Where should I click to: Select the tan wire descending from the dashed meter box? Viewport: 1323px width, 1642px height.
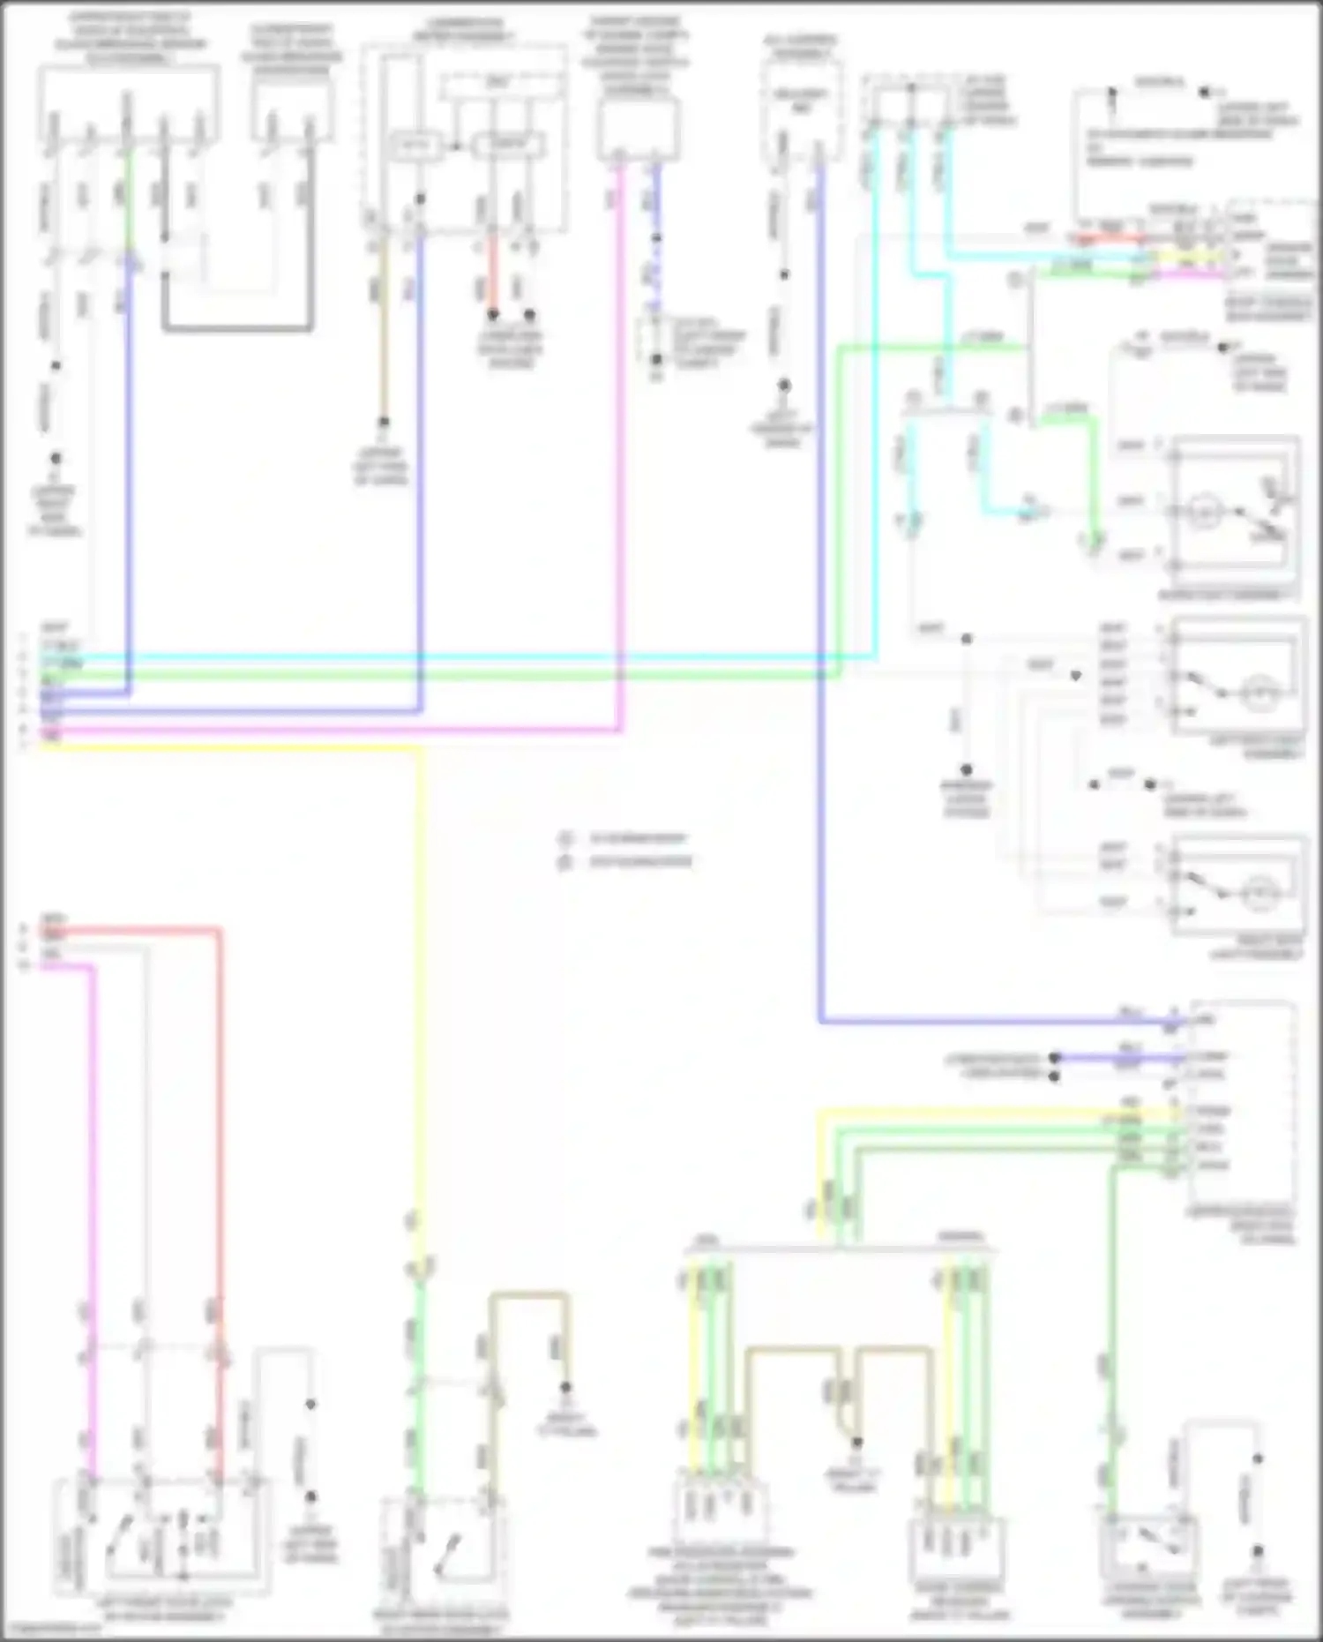coord(383,335)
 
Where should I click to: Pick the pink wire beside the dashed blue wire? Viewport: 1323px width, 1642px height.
coord(621,441)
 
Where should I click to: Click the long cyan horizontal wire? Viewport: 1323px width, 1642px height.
coord(441,656)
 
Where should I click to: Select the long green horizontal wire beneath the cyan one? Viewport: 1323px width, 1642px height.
coord(441,675)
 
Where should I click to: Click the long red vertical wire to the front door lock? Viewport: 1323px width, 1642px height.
coord(220,1147)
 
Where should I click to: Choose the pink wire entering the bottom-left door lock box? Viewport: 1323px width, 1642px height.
coord(91,1235)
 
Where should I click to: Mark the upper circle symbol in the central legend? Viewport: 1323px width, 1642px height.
coord(565,837)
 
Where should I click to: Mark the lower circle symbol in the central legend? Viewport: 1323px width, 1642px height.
coord(565,862)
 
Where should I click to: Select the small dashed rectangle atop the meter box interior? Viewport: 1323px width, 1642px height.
coord(503,86)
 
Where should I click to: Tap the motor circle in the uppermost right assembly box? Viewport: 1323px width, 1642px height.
coord(1200,512)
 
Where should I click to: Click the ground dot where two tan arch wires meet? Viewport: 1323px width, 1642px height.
coord(856,1442)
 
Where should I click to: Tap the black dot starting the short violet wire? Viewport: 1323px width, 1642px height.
coord(1055,1057)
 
